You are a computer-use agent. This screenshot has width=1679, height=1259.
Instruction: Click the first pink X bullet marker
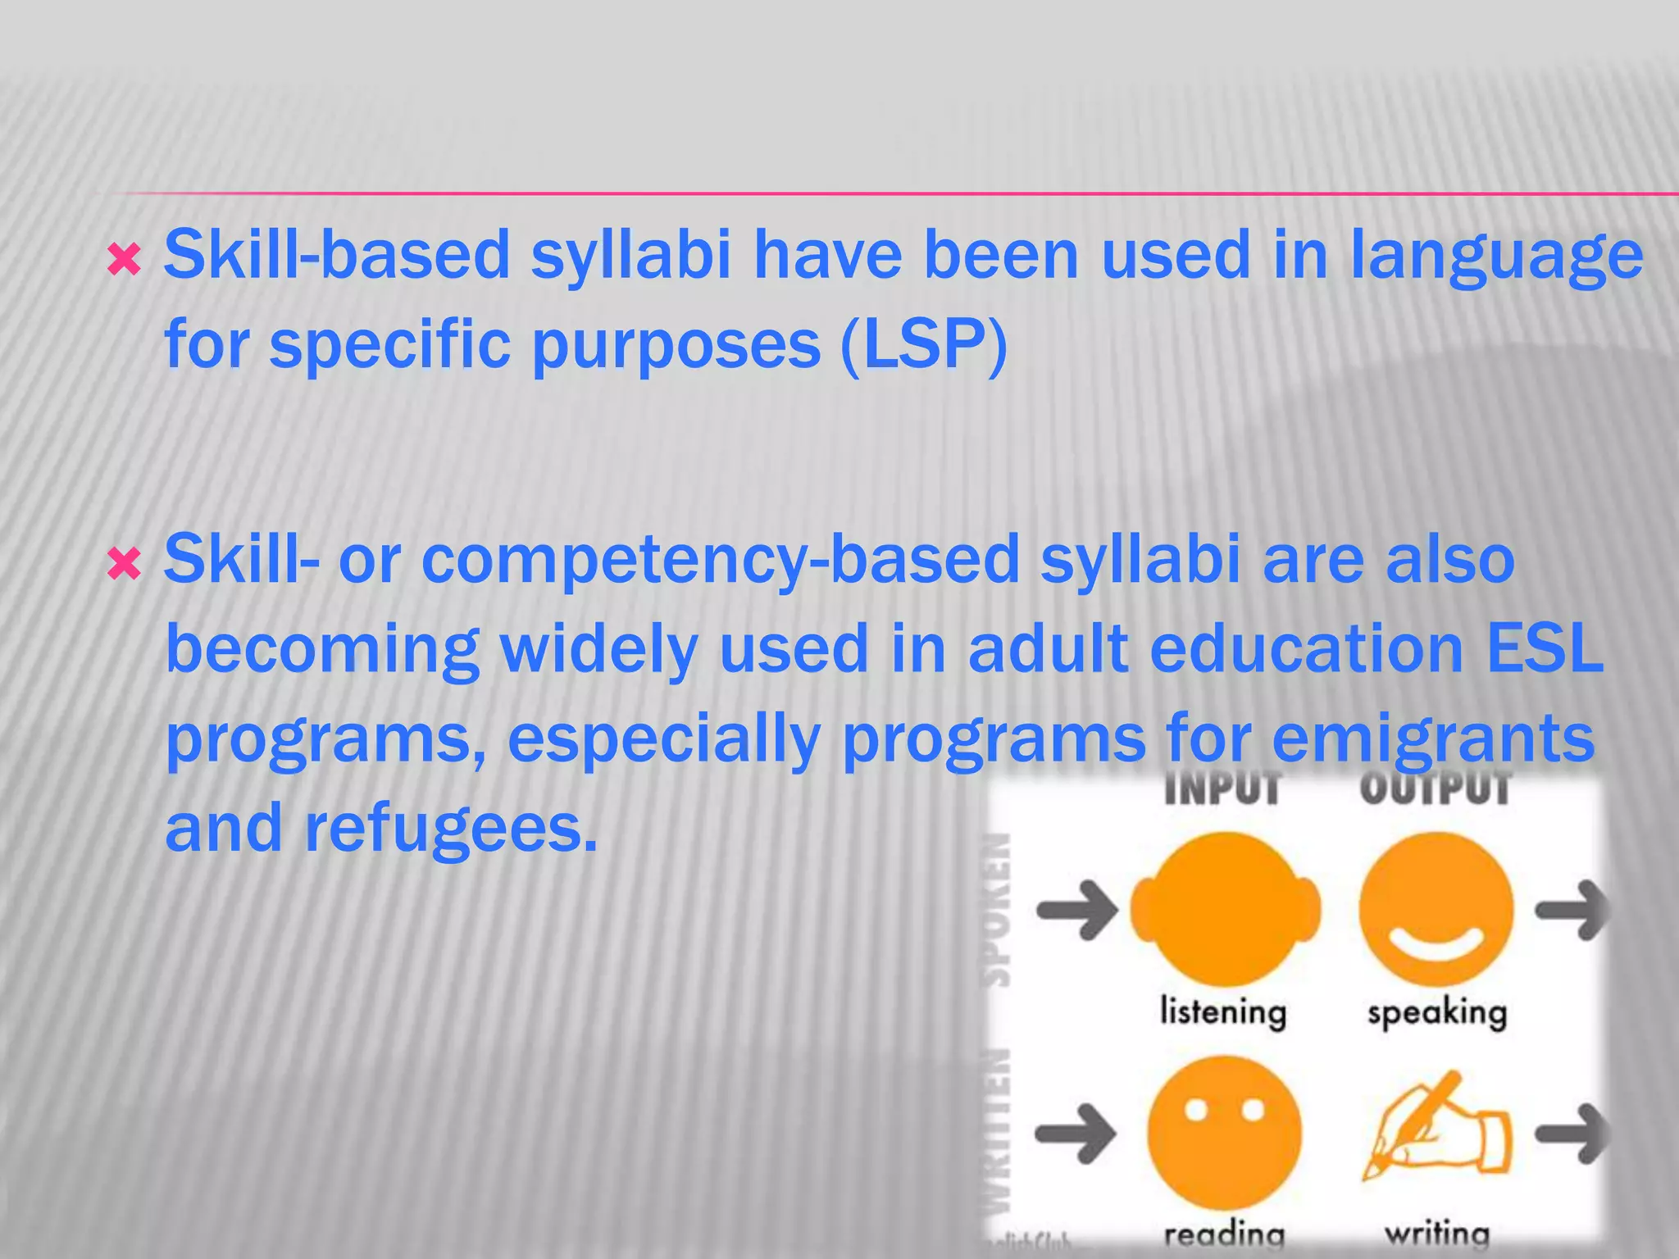coord(124,261)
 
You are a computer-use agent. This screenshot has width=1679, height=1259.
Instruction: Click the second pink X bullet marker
coord(124,564)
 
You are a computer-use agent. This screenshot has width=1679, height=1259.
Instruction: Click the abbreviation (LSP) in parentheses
coord(923,344)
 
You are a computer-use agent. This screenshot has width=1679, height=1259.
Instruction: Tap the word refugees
coord(451,828)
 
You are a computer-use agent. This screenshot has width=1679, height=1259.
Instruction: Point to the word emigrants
coord(1433,738)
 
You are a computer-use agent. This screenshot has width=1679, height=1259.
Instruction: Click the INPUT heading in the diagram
coord(1222,789)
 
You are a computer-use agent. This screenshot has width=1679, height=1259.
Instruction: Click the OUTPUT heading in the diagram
coord(1435,789)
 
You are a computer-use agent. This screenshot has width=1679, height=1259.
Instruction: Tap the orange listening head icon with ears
coord(1225,910)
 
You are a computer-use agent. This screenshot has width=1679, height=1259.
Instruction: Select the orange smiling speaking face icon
coord(1435,908)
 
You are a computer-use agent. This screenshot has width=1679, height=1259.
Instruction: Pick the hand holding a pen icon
coord(1436,1129)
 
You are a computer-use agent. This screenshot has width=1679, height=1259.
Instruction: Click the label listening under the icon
coord(1222,1011)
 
